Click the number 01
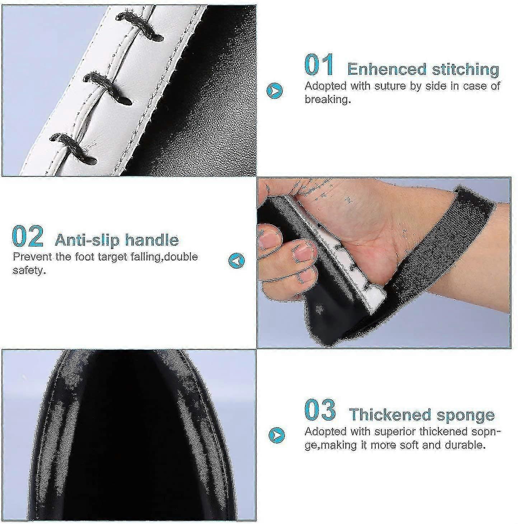pos(319,65)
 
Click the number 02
pos(28,236)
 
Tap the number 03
pos(320,410)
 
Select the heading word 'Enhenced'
pos(387,69)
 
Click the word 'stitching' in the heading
pos(466,70)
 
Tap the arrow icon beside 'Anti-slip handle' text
pos(237,261)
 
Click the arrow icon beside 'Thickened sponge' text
pos(276,436)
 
